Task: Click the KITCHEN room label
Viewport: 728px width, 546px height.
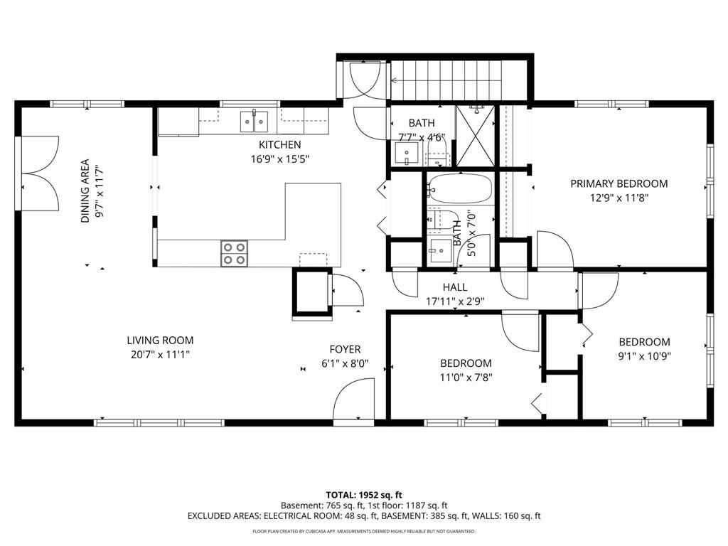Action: click(279, 144)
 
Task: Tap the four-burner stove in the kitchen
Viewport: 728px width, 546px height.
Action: click(234, 254)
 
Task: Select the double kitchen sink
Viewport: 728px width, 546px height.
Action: click(254, 122)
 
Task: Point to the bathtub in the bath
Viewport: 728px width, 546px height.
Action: click(459, 189)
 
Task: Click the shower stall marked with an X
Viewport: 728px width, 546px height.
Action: click(476, 136)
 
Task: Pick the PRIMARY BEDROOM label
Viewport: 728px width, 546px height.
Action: click(619, 183)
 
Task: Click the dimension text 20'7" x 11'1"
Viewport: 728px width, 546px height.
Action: click(160, 355)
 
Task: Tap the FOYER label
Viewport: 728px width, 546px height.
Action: click(345, 349)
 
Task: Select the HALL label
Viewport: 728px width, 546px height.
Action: click(454, 287)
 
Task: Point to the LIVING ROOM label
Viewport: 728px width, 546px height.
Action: click(160, 341)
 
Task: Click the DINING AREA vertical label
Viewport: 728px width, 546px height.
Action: click(85, 191)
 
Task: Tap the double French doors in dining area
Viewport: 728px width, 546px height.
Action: click(40, 173)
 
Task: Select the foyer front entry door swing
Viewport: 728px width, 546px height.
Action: click(354, 399)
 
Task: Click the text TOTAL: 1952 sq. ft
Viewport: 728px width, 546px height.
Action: click(363, 495)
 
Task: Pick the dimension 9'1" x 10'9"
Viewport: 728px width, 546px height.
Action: click(644, 357)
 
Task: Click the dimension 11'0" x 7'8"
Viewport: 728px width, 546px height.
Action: click(466, 378)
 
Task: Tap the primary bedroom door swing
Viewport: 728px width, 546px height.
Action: click(556, 250)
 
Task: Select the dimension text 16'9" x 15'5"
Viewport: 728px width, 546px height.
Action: click(279, 159)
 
